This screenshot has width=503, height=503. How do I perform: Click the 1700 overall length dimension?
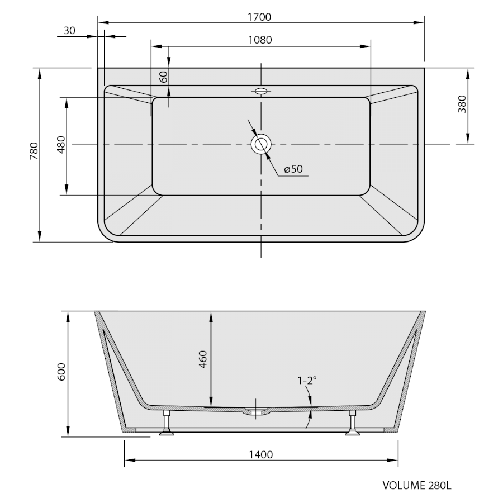(x=259, y=17)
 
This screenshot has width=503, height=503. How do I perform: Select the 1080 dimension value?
(x=260, y=40)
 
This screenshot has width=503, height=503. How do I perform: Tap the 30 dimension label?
(x=70, y=31)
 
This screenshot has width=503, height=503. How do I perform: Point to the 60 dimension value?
(x=164, y=77)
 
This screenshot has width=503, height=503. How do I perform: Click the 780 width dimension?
(x=34, y=151)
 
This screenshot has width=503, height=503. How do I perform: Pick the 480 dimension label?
(x=61, y=145)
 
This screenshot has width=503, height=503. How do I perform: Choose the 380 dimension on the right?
(x=462, y=104)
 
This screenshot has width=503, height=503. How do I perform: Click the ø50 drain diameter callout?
(x=293, y=169)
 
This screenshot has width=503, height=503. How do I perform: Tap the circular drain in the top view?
(x=261, y=144)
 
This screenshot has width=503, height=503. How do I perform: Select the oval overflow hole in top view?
(x=261, y=91)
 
